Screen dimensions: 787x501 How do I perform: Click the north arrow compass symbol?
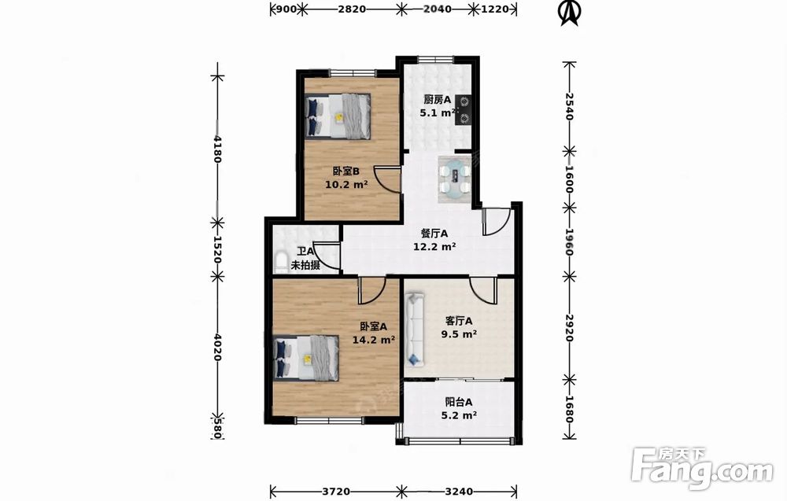pyautogui.click(x=569, y=13)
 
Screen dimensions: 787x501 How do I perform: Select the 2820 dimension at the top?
pyautogui.click(x=351, y=9)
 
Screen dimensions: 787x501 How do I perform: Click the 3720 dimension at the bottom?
pyautogui.click(x=336, y=492)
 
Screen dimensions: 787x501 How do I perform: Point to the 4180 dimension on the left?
pyautogui.click(x=217, y=149)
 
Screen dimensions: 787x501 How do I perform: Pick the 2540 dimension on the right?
pyautogui.click(x=569, y=106)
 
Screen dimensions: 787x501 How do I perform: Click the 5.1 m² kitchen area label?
pyautogui.click(x=438, y=112)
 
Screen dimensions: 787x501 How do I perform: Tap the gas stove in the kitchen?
pyautogui.click(x=463, y=110)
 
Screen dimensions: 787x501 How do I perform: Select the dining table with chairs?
pyautogui.click(x=455, y=179)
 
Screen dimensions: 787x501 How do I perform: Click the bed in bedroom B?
pyautogui.click(x=338, y=116)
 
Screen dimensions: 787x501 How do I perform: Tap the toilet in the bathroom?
pyautogui.click(x=282, y=263)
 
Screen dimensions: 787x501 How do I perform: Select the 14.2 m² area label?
pyautogui.click(x=373, y=340)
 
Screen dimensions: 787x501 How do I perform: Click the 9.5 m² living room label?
pyautogui.click(x=459, y=333)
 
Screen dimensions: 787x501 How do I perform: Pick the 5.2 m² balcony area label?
pyautogui.click(x=459, y=415)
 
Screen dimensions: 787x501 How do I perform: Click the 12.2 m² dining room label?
pyautogui.click(x=434, y=247)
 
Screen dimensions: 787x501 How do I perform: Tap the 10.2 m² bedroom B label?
pyautogui.click(x=346, y=184)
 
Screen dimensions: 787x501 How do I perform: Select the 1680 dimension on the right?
pyautogui.click(x=569, y=410)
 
